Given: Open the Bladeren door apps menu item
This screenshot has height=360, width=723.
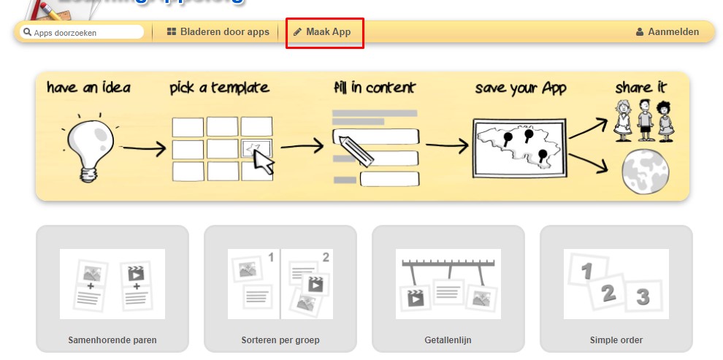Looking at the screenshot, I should click(218, 32).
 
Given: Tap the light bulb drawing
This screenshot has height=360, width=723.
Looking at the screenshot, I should click(88, 146).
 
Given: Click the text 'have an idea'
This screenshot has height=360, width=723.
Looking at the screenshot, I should click(88, 88).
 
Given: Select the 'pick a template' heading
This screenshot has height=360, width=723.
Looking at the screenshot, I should click(219, 88).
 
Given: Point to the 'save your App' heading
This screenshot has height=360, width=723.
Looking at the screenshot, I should click(520, 88).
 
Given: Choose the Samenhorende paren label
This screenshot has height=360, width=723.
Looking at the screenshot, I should click(112, 340).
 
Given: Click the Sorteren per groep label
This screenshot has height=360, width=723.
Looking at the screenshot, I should click(280, 340).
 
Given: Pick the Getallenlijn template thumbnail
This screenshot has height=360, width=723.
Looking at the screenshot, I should click(448, 284).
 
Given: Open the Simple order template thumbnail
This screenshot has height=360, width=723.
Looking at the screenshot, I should click(616, 284).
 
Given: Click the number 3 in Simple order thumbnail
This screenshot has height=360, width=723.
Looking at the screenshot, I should click(643, 297).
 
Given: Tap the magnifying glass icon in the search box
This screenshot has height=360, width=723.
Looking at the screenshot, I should click(27, 33).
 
